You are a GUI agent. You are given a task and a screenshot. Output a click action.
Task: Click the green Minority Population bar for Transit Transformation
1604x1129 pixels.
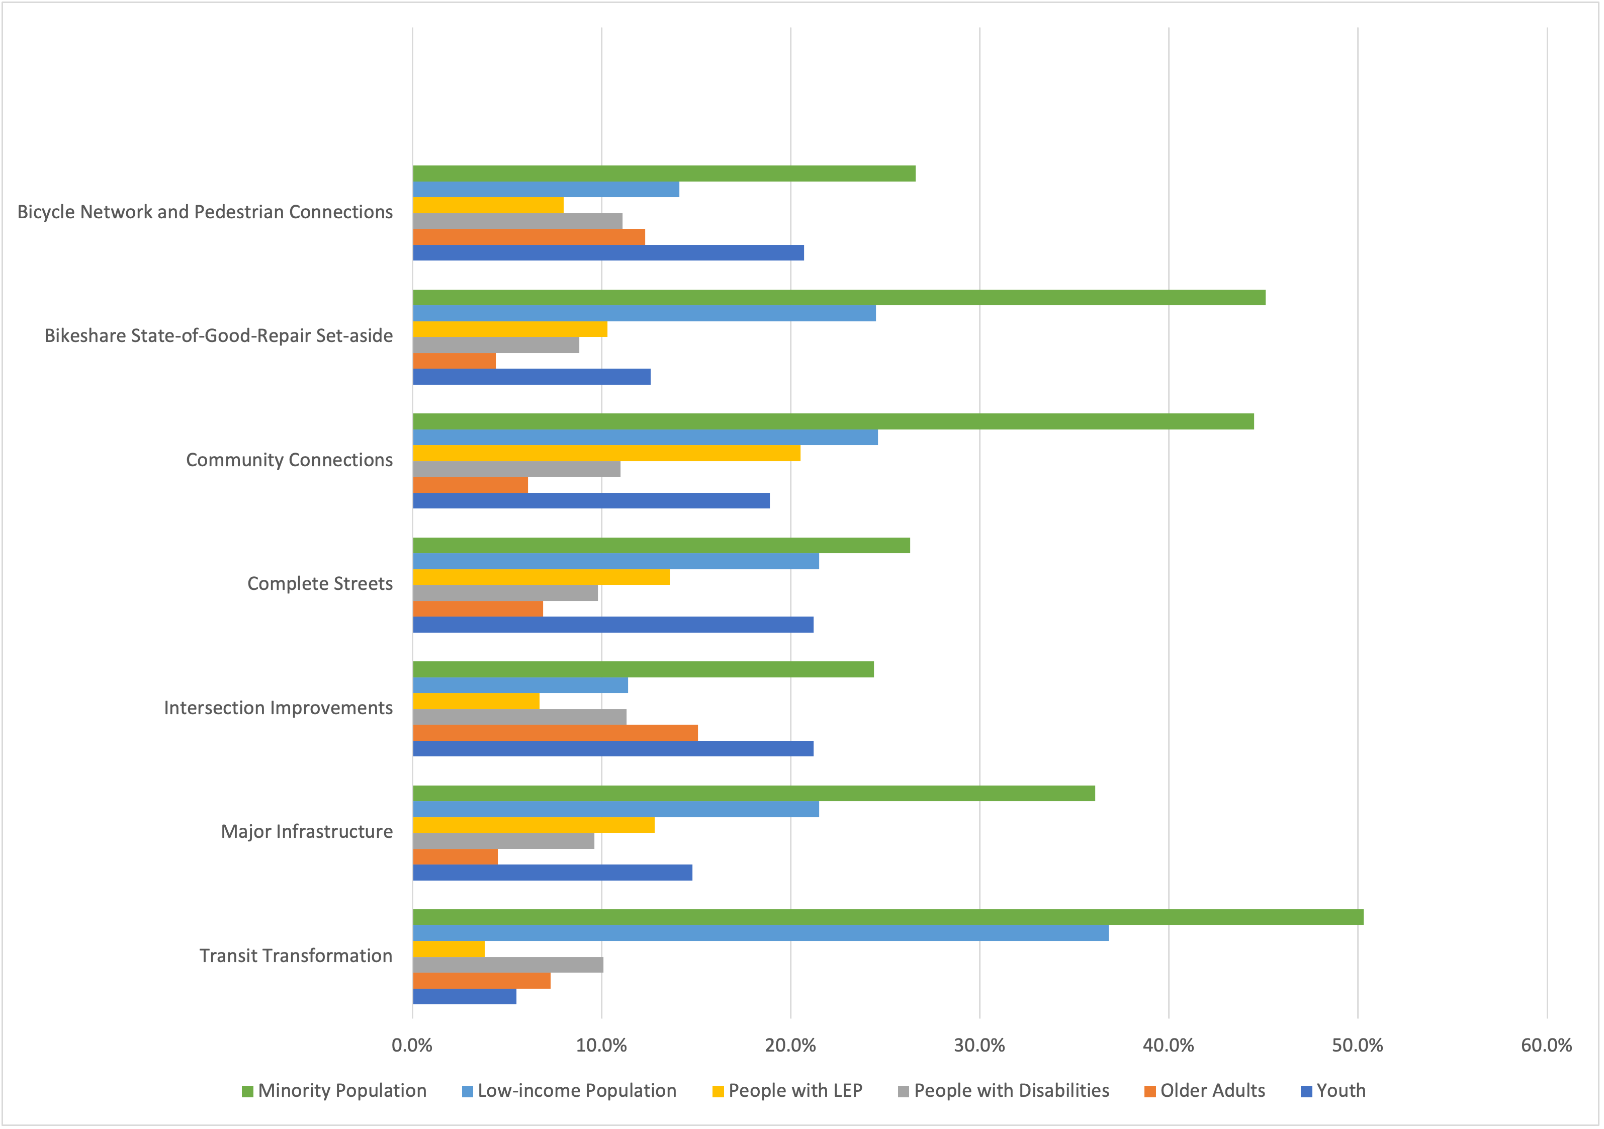point(887,917)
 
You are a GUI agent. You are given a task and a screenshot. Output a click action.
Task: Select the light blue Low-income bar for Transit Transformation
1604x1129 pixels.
point(760,933)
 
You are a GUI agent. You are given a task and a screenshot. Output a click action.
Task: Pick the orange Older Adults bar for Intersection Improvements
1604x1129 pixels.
point(556,733)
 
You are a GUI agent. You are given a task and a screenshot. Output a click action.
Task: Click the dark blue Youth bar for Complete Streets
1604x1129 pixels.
point(612,625)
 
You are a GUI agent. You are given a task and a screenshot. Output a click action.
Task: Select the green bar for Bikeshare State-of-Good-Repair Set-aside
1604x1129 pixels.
point(838,298)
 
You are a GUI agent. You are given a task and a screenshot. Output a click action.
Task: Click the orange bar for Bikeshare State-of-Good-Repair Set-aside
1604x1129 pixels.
point(454,361)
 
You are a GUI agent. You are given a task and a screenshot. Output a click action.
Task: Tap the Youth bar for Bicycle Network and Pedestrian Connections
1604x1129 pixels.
point(608,253)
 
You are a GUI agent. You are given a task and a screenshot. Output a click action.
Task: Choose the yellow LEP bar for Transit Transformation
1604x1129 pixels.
point(449,949)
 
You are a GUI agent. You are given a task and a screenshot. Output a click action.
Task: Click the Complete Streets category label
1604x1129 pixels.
point(320,583)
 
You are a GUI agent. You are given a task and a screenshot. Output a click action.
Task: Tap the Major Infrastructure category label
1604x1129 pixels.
point(307,831)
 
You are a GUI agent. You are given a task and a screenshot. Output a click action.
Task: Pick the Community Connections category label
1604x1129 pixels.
point(289,460)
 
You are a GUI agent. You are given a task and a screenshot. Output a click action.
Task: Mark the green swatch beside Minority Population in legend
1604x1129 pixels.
point(247,1091)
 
